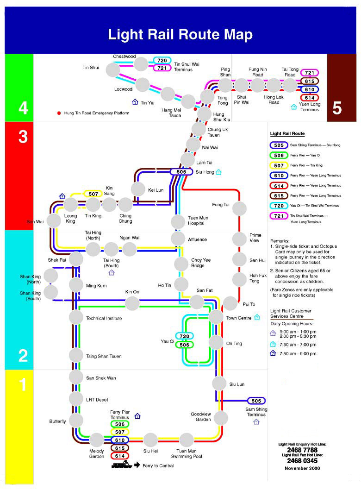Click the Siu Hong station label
[x=205, y=172]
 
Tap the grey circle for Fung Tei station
[x=240, y=208]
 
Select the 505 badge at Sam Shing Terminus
[x=256, y=401]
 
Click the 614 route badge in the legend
[x=279, y=186]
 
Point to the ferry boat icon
[x=122, y=465]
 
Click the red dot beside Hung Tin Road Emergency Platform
[x=59, y=113]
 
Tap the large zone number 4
[x=24, y=108]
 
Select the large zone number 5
[x=337, y=108]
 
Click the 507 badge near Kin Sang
[x=93, y=194]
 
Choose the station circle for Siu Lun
[x=219, y=383]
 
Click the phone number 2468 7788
[x=302, y=450]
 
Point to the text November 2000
[x=302, y=468]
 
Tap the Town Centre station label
[x=239, y=318]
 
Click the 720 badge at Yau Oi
[x=184, y=336]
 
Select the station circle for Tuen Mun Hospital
[x=178, y=222]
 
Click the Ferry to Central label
[x=158, y=465]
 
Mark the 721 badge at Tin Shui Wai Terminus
[x=162, y=68]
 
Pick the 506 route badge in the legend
[x=279, y=155]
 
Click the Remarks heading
[x=280, y=241]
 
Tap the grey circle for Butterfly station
[x=76, y=421]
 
